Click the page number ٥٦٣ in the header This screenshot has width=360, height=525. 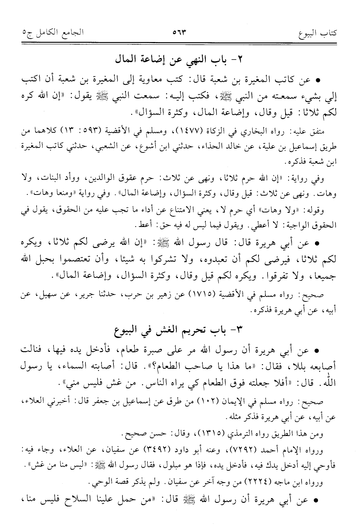(x=179, y=32)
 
